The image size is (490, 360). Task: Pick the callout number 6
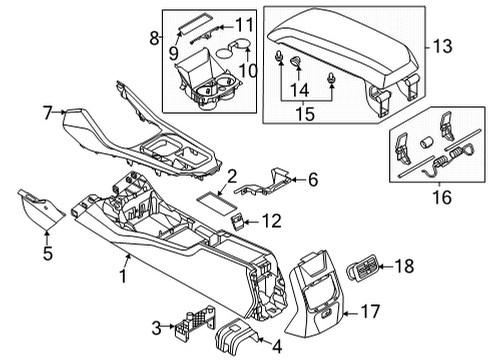click(312, 180)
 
